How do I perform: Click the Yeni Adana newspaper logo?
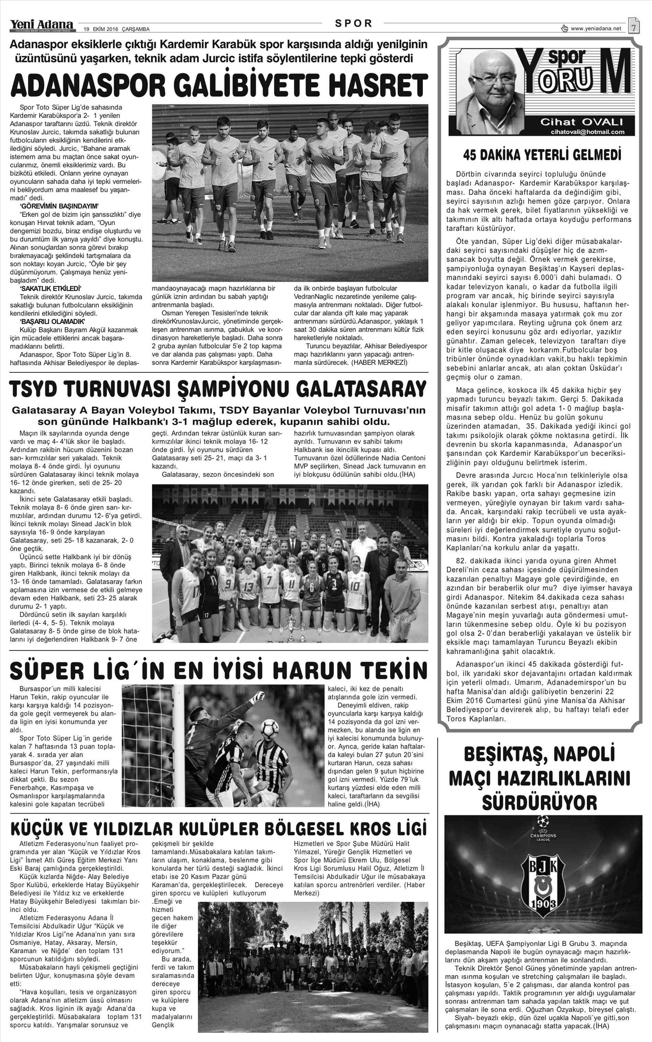(x=42, y=25)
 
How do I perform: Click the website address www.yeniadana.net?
(x=596, y=29)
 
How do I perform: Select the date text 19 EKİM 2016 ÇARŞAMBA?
(x=116, y=29)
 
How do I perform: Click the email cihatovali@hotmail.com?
(x=587, y=131)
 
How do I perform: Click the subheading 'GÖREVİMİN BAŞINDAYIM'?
(x=60, y=205)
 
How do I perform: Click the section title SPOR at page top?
(x=354, y=23)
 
